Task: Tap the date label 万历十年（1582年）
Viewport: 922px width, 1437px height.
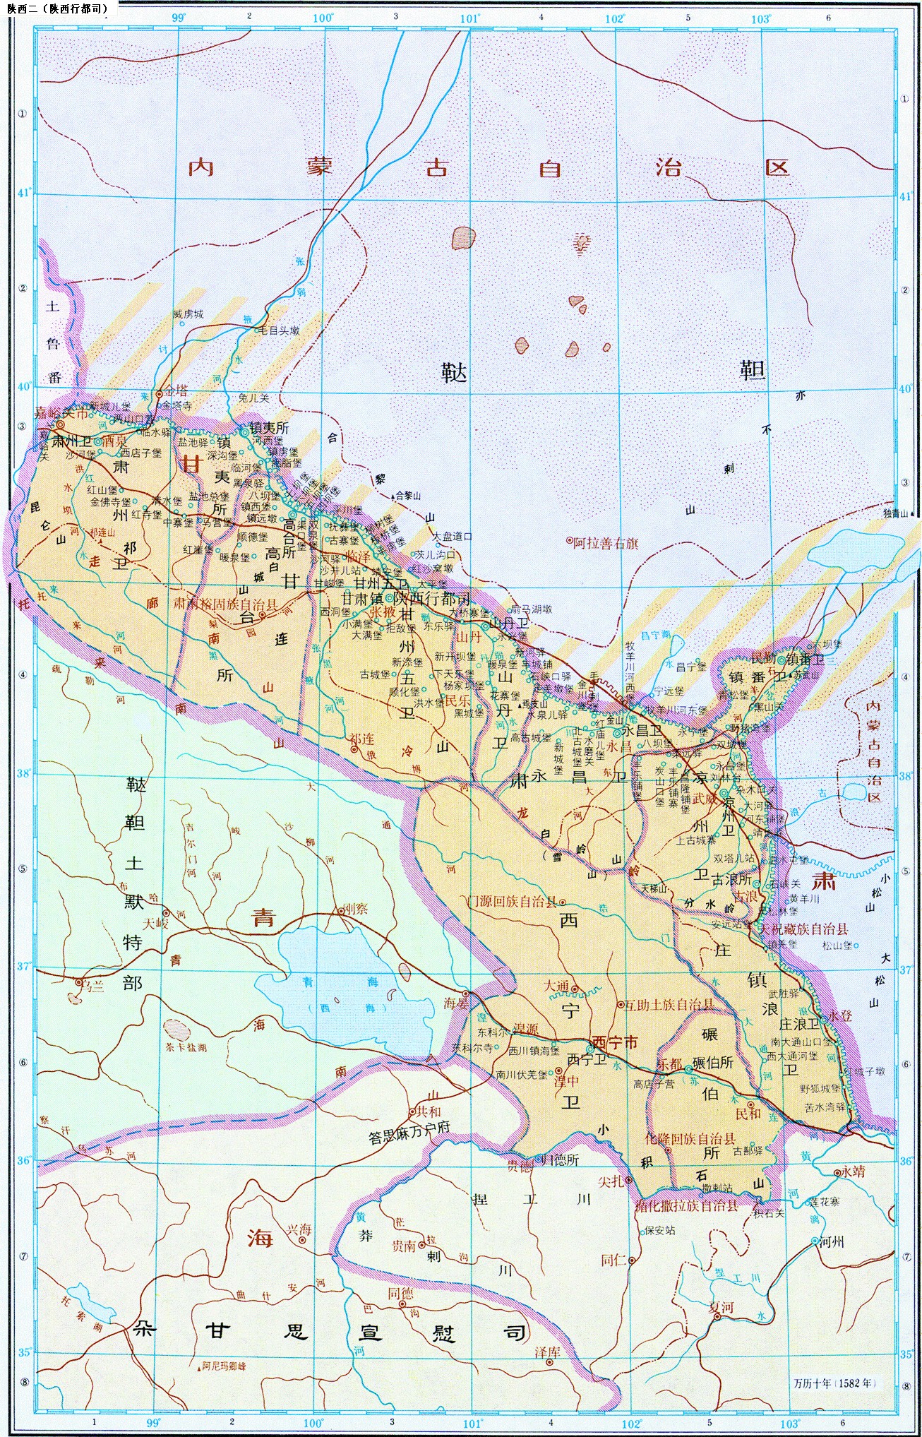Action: [x=834, y=1382]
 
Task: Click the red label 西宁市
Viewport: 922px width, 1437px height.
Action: [x=614, y=1042]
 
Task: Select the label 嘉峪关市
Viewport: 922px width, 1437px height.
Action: [x=62, y=414]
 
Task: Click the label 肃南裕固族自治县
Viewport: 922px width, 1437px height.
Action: [x=226, y=604]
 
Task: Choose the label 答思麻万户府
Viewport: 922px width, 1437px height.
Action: [x=409, y=1138]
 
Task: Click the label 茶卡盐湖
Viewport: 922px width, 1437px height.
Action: [x=186, y=1047]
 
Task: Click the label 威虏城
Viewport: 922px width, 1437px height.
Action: [x=188, y=314]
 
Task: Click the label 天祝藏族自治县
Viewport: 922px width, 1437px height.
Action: [x=803, y=929]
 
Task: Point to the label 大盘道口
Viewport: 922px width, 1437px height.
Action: [x=453, y=536]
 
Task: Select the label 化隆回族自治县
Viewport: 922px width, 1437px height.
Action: [x=690, y=1138]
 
